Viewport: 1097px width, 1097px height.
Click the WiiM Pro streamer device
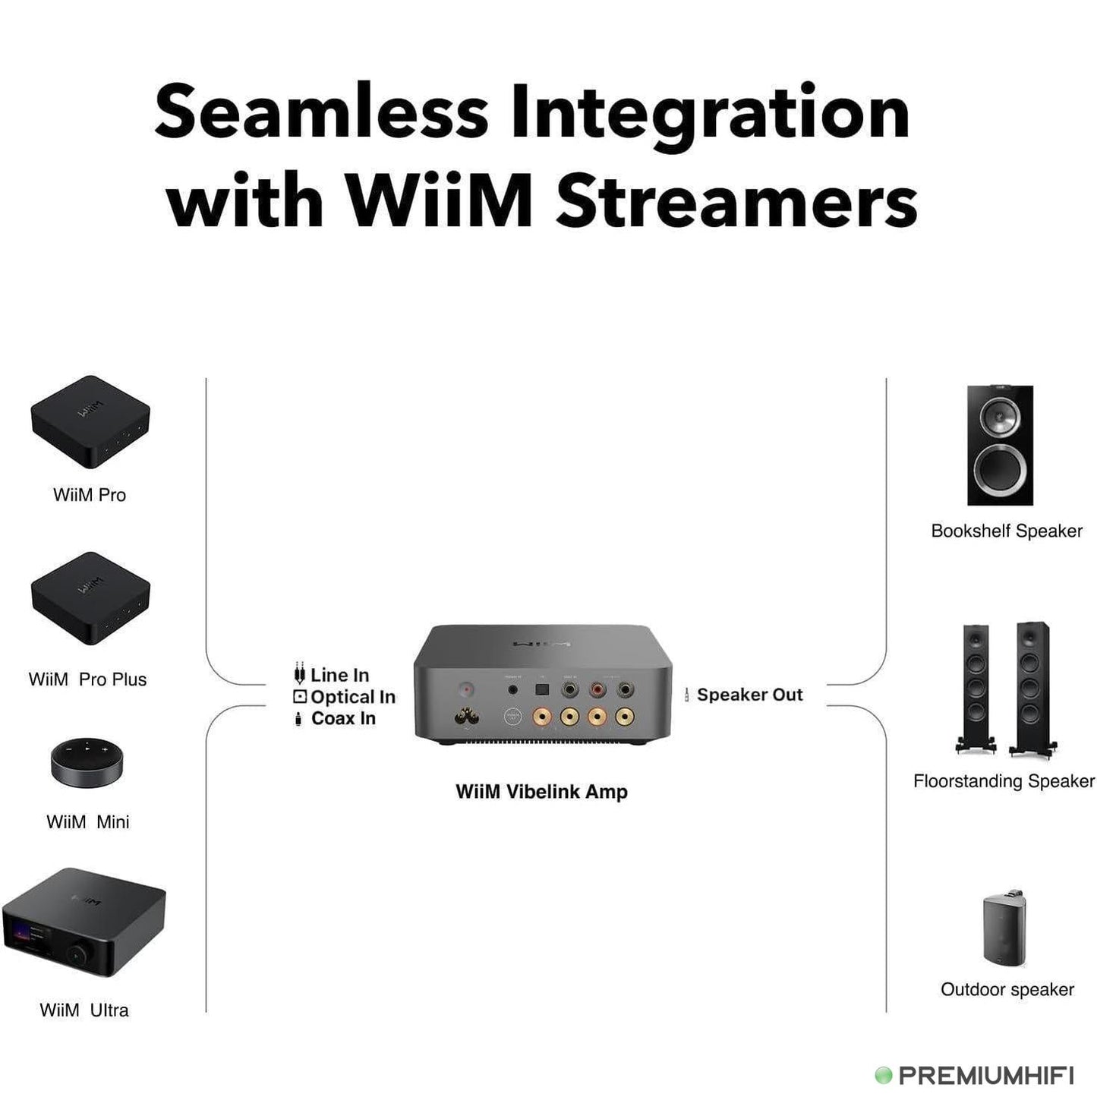(x=90, y=422)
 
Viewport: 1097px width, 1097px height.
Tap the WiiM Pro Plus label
(x=87, y=679)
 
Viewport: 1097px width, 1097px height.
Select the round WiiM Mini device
(x=87, y=761)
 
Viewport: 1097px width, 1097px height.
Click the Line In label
(x=339, y=675)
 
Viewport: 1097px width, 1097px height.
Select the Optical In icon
(x=300, y=697)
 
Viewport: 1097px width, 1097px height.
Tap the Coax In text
(x=343, y=718)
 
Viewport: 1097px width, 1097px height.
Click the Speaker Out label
(x=749, y=695)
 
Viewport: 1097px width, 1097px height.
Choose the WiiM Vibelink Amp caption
(x=541, y=792)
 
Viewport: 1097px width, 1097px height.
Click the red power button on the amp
(x=465, y=689)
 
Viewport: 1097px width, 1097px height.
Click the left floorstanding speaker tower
(x=976, y=689)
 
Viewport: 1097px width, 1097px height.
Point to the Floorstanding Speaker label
(x=1004, y=781)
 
